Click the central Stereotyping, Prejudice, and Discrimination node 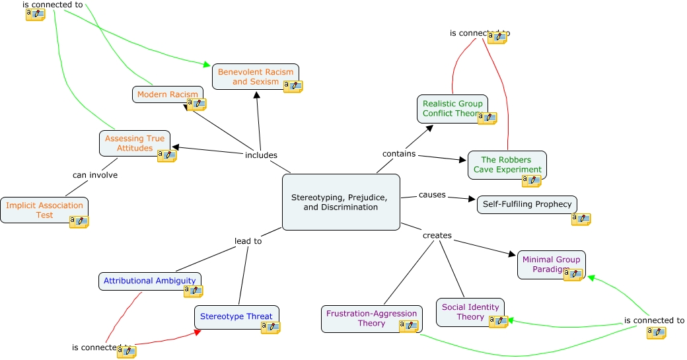coord(341,202)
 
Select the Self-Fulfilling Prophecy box coord(526,204)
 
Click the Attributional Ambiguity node coord(149,281)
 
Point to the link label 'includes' coord(261,155)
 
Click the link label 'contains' coord(399,154)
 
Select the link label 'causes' coord(432,195)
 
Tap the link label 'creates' coord(437,235)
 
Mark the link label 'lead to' coord(248,241)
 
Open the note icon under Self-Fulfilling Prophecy coord(581,219)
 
